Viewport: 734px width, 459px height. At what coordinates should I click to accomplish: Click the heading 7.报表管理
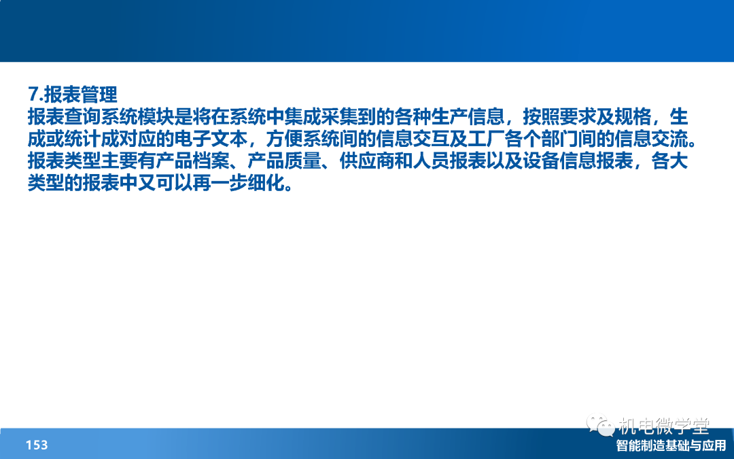[73, 94]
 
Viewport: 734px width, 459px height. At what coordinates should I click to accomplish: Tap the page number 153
[37, 445]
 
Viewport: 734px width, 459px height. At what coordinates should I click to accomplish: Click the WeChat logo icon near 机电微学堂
[601, 425]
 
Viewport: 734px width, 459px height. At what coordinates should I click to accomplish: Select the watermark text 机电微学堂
[664, 426]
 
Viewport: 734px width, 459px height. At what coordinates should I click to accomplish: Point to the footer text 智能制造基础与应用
[671, 445]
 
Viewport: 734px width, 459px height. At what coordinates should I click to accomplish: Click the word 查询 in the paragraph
[83, 117]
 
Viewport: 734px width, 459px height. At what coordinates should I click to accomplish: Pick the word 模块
[156, 117]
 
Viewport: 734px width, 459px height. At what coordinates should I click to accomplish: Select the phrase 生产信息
[450, 117]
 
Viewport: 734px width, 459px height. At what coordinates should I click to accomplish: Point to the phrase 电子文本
[211, 139]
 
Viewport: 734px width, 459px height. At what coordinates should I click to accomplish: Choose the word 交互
[432, 139]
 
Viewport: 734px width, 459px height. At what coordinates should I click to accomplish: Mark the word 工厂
[487, 139]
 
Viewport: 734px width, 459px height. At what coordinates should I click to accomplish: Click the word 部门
[560, 139]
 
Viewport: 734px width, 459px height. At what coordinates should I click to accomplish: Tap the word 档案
[211, 161]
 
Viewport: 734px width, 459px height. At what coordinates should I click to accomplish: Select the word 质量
[303, 161]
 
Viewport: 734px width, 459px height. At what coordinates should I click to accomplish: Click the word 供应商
[367, 161]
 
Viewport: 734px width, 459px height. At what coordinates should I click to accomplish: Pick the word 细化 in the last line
[266, 183]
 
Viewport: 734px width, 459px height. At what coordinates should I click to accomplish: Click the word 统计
[83, 139]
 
